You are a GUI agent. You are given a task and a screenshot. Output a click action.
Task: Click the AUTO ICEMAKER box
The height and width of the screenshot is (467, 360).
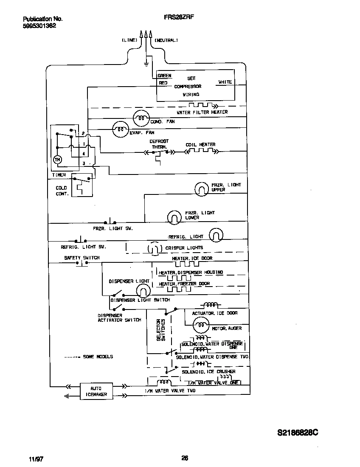(96, 391)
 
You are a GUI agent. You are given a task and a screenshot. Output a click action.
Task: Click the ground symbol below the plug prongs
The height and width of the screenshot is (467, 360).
(146, 64)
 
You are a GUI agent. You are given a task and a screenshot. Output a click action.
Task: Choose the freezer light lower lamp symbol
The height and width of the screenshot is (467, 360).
(174, 217)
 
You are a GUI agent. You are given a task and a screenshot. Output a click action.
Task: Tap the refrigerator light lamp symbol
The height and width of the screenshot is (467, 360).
(216, 235)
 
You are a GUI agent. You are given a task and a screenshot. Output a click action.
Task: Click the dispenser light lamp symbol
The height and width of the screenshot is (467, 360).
(143, 290)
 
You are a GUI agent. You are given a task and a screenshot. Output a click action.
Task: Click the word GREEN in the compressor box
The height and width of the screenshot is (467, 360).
(164, 76)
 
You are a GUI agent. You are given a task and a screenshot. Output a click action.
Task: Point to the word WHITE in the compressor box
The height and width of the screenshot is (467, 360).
(225, 82)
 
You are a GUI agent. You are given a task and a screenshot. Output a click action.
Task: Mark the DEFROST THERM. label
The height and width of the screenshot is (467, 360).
(159, 143)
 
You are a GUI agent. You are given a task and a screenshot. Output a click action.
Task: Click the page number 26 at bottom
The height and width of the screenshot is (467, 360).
(185, 458)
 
